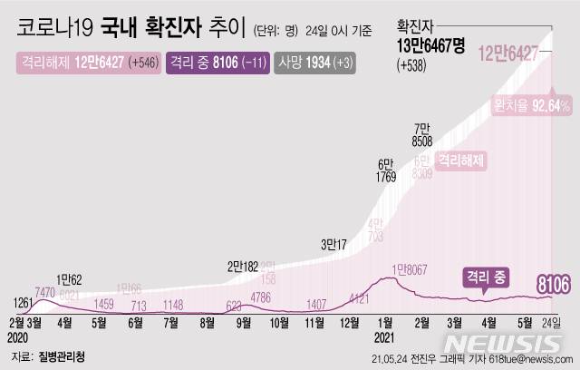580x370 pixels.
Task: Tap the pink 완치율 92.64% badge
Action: point(531,106)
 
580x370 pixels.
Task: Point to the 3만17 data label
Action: point(337,244)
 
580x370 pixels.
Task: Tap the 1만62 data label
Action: point(71,278)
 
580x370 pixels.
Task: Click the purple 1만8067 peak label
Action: point(411,268)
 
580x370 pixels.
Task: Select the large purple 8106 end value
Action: point(549,287)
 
